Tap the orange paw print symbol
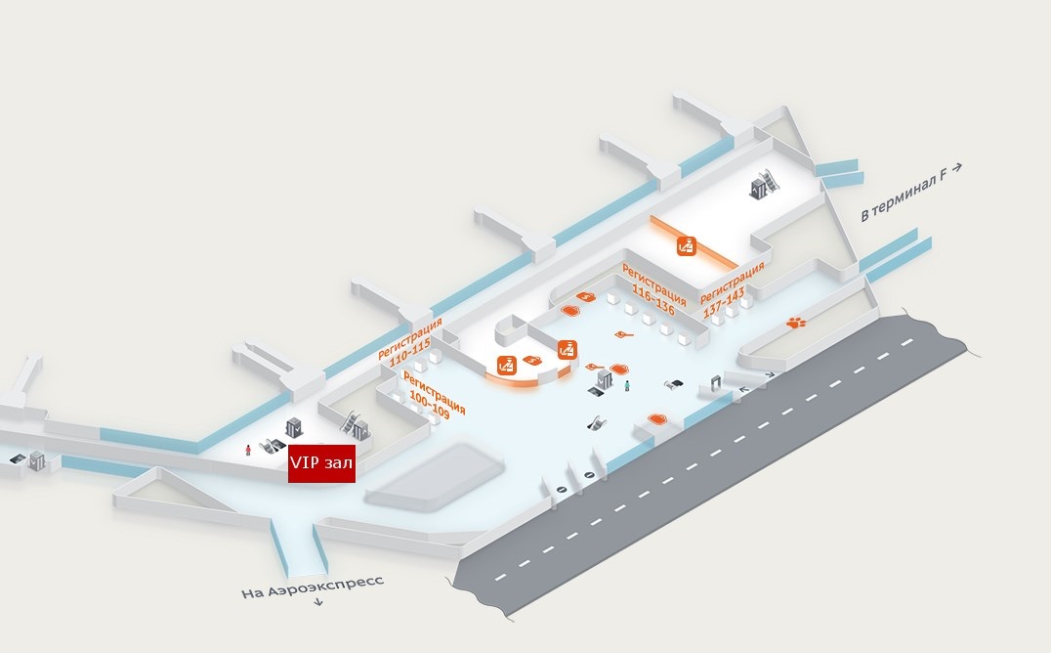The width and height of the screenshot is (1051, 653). [x=797, y=321]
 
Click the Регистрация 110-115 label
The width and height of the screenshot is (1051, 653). [x=409, y=339]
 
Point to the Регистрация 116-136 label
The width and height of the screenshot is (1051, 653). [x=652, y=285]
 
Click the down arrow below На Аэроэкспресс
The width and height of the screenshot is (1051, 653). [x=318, y=603]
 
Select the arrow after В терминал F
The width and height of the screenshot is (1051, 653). [x=958, y=167]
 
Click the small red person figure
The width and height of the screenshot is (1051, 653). [x=248, y=450]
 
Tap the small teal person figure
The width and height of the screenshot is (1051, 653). [x=627, y=386]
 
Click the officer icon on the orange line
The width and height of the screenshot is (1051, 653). [x=687, y=246]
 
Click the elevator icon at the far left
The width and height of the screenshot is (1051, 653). [x=37, y=458]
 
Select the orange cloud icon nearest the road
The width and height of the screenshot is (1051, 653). [x=657, y=419]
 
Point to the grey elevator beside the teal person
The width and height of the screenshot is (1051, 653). [x=605, y=378]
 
